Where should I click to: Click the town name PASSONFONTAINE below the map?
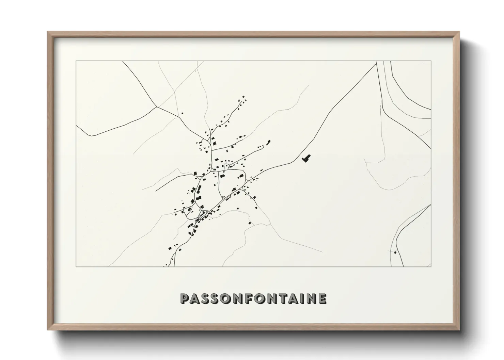tap(253, 298)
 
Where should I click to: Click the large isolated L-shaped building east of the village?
tap(307, 158)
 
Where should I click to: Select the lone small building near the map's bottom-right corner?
tap(395, 252)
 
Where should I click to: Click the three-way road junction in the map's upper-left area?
tap(156, 107)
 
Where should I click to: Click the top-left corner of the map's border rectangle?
tap(76, 61)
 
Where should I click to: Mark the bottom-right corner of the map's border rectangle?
tap(431, 266)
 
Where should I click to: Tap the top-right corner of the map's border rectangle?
tap(431, 61)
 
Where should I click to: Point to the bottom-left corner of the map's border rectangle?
tap(76, 266)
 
